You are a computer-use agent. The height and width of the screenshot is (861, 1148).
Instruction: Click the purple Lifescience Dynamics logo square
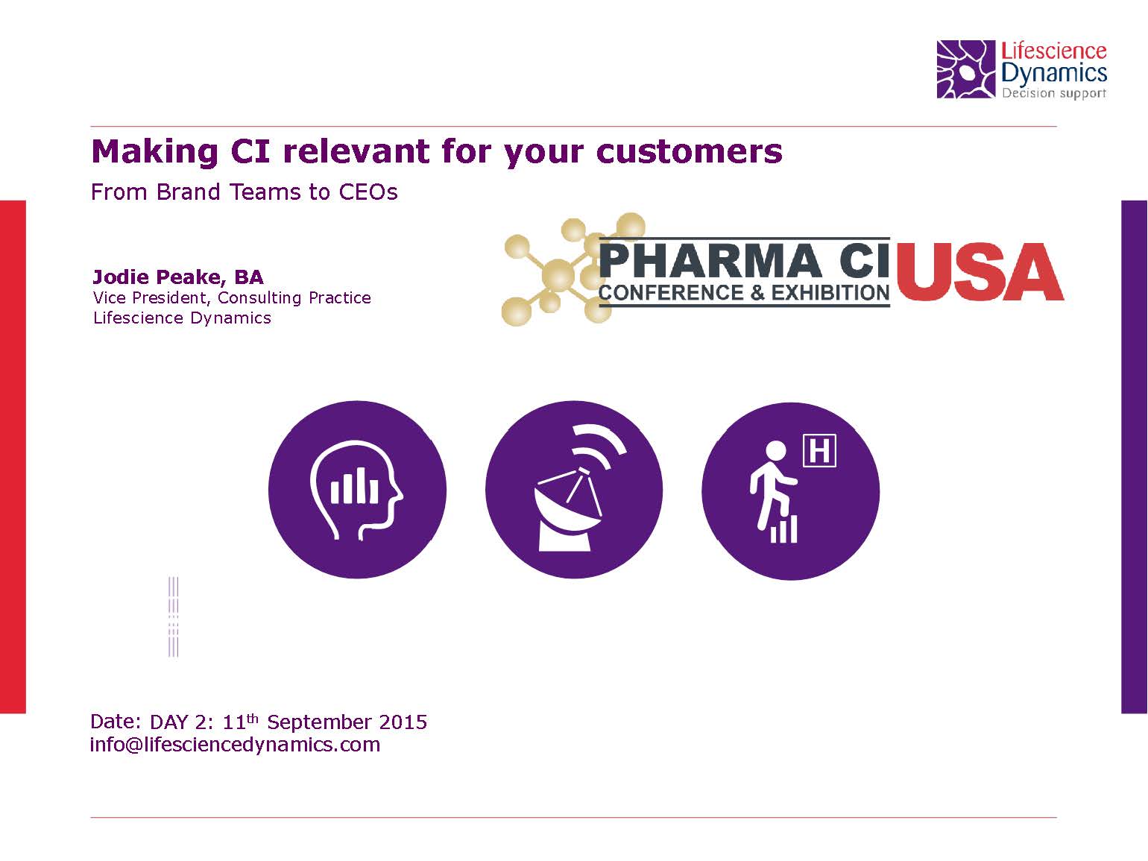pyautogui.click(x=965, y=69)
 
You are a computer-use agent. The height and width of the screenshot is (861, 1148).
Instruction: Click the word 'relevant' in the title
pyautogui.click(x=357, y=151)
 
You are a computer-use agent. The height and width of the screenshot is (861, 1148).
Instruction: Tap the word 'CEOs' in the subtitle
pyautogui.click(x=368, y=192)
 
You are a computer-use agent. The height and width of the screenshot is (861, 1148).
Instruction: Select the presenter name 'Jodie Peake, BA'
pyautogui.click(x=178, y=277)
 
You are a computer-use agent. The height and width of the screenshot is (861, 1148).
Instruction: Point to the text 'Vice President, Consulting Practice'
pyautogui.click(x=232, y=297)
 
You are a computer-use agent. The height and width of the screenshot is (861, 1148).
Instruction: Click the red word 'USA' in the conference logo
pyautogui.click(x=980, y=272)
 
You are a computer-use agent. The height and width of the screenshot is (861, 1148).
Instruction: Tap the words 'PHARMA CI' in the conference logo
pyautogui.click(x=745, y=260)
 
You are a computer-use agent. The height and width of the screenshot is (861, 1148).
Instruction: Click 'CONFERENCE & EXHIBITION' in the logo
pyautogui.click(x=744, y=293)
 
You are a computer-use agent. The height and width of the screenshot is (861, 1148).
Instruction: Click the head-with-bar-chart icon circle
pyautogui.click(x=357, y=489)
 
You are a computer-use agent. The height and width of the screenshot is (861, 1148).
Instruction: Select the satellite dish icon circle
pyautogui.click(x=574, y=489)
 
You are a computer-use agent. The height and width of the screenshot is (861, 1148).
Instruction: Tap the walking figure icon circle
pyautogui.click(x=790, y=491)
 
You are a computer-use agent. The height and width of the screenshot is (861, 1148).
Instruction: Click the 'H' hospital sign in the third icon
pyautogui.click(x=819, y=450)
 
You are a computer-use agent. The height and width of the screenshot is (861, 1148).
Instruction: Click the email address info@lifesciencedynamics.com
pyautogui.click(x=235, y=745)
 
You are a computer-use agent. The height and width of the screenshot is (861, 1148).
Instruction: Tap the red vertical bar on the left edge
pyautogui.click(x=13, y=456)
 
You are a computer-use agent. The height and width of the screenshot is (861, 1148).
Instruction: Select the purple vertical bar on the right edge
pyautogui.click(x=1135, y=456)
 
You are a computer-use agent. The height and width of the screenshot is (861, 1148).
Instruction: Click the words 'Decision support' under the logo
pyautogui.click(x=1054, y=94)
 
